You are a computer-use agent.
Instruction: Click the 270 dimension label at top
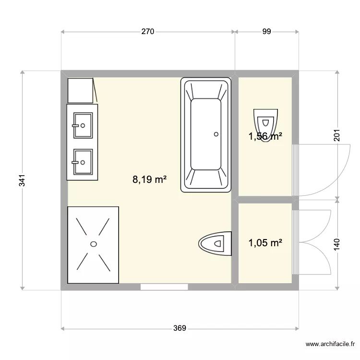147,32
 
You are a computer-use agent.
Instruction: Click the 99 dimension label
267,32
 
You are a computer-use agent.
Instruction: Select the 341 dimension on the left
22,180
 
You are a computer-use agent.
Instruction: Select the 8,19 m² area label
150,180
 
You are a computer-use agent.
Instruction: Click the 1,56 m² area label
265,137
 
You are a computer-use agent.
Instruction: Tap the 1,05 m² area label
265,243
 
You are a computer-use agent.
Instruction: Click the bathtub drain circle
216,134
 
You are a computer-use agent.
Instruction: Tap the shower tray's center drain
94,243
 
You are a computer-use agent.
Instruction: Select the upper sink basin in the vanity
83,125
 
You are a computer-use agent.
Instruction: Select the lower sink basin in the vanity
83,162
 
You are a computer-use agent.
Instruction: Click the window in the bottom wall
164,287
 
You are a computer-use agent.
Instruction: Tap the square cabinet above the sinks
81,91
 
